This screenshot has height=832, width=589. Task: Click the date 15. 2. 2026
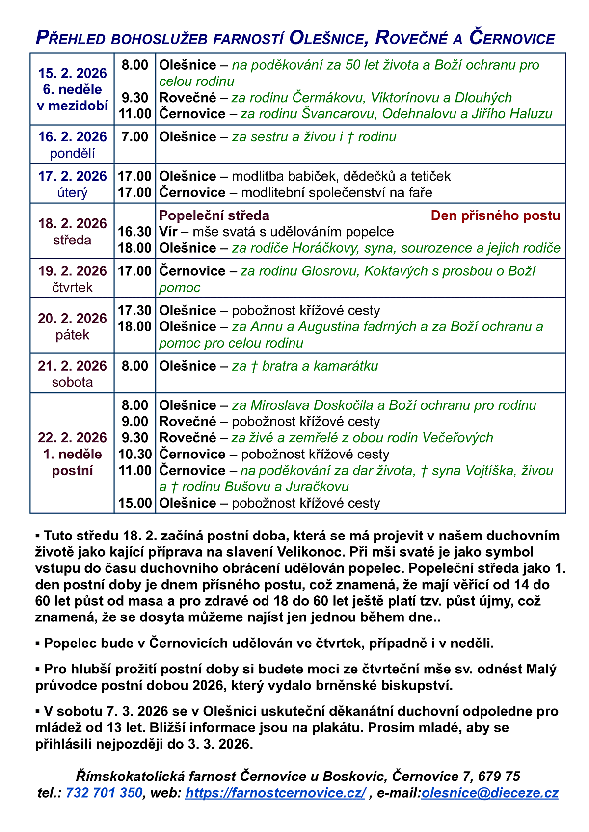[x=72, y=73]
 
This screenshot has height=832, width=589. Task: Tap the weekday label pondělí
[x=72, y=153]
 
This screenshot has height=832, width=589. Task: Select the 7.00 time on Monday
[x=134, y=136]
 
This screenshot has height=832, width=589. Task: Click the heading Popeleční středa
[x=214, y=215]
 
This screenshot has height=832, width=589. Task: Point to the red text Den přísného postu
[x=495, y=215]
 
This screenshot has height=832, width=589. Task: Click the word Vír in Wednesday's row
[x=168, y=232]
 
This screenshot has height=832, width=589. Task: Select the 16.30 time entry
[x=134, y=232]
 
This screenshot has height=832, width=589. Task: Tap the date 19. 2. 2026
[x=72, y=271]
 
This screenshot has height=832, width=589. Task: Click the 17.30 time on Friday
[x=134, y=310]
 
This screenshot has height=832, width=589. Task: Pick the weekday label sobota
[x=72, y=382]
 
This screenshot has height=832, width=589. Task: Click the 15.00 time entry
[x=134, y=503]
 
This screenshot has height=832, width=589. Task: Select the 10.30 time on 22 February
[x=134, y=454]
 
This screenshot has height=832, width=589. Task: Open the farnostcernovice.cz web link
[x=275, y=793]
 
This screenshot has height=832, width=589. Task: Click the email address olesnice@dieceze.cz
[x=490, y=793]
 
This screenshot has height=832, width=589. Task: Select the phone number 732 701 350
[x=104, y=793]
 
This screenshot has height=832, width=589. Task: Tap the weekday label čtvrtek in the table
[x=72, y=287]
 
